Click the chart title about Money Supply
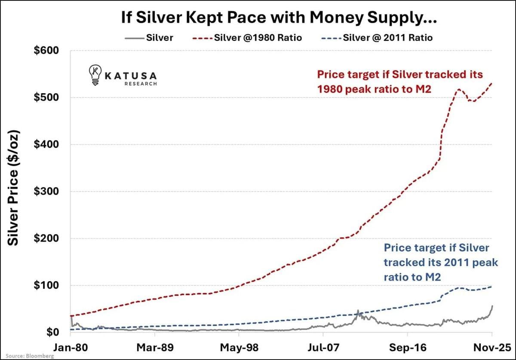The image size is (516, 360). point(258,18)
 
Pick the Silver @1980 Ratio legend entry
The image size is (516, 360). point(249,38)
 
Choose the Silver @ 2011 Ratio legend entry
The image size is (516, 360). point(378,38)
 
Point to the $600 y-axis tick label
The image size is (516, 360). point(46,51)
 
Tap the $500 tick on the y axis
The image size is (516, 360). point(46,98)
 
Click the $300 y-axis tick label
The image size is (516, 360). point(46,192)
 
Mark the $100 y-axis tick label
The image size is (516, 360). point(46,285)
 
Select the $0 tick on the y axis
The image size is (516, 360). point(52,333)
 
